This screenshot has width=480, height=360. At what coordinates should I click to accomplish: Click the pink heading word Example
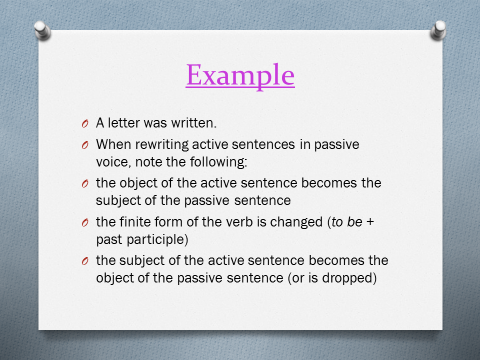pos(240,75)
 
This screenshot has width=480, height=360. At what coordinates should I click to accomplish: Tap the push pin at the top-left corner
pos(42,31)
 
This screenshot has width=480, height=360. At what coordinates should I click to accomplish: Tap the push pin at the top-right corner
pos(438,30)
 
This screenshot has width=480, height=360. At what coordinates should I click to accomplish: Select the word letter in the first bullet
pos(123,123)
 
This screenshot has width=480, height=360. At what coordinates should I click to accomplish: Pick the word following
pos(219,162)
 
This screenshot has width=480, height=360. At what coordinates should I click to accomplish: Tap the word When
pos(113,145)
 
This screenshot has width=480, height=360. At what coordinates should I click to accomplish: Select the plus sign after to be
pos(370,222)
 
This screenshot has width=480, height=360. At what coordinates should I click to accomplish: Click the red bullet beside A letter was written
pos(85,124)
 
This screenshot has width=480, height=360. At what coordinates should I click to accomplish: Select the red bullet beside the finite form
pos(85,222)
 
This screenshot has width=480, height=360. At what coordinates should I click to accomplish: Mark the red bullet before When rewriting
pos(85,145)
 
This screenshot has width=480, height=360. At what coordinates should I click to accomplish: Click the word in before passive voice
pos(305,145)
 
